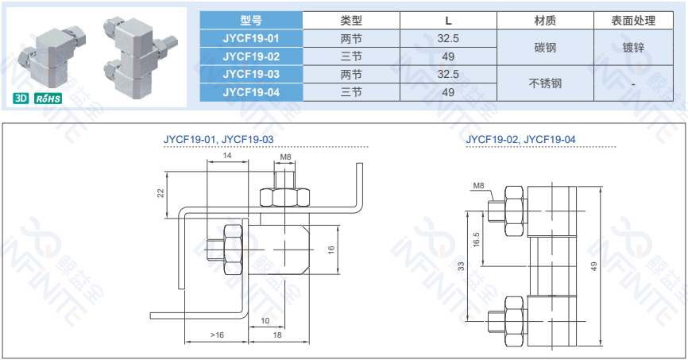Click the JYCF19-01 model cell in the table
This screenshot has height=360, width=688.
click(x=251, y=39)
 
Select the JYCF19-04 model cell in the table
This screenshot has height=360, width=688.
click(x=251, y=92)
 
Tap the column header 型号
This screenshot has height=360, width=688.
click(x=251, y=20)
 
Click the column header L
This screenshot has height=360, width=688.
click(x=448, y=21)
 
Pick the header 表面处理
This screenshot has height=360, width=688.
click(x=633, y=21)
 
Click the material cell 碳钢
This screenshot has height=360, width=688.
click(x=545, y=48)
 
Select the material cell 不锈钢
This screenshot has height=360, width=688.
click(x=545, y=83)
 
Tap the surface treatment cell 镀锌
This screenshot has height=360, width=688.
click(x=633, y=48)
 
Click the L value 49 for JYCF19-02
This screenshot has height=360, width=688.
click(x=448, y=56)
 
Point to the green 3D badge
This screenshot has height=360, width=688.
click(x=21, y=98)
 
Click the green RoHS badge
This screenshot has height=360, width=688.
click(x=48, y=99)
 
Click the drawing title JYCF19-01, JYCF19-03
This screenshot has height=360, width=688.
click(x=218, y=140)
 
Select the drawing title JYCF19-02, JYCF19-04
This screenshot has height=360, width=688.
click(x=520, y=140)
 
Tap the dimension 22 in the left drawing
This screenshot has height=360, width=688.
click(x=160, y=193)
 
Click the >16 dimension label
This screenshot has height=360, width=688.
click(x=217, y=335)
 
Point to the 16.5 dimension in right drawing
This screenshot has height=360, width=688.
click(x=477, y=239)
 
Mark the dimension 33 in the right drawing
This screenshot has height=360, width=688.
click(x=461, y=266)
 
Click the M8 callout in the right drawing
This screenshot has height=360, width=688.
click(x=478, y=186)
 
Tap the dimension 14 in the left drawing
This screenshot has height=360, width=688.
click(x=227, y=156)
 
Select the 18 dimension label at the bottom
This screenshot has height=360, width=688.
click(x=277, y=335)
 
